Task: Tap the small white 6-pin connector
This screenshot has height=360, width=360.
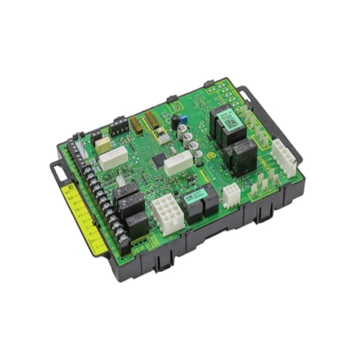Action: [x=231, y=194]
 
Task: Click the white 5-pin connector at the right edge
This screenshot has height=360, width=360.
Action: [x=284, y=157]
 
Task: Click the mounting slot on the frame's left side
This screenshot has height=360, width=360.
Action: [x=58, y=172]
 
